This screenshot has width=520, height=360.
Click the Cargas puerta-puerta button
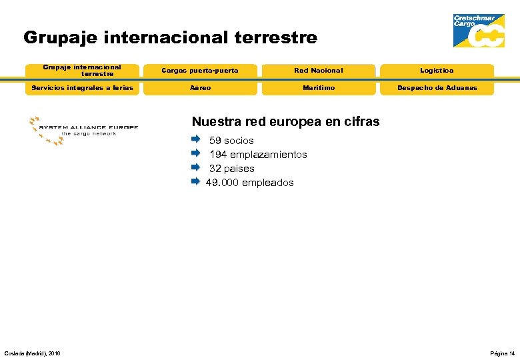[200, 71]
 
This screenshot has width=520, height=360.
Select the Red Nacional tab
[319, 71]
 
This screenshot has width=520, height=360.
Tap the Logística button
[437, 71]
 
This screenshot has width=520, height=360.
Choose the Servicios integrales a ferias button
[82, 88]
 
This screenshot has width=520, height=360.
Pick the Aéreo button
[200, 88]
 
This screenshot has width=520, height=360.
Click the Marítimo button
[319, 88]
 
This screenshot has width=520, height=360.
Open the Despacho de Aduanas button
[437, 88]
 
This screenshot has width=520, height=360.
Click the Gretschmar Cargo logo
[479, 31]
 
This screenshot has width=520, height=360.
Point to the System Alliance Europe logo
[83, 129]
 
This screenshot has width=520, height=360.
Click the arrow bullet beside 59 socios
[195, 140]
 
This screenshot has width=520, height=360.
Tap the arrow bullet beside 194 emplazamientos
[195, 154]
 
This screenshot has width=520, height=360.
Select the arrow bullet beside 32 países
[195, 168]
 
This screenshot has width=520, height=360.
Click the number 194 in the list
[218, 155]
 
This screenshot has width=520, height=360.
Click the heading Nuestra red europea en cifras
[285, 121]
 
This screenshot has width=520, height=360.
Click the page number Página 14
[502, 353]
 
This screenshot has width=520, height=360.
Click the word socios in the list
[239, 141]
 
